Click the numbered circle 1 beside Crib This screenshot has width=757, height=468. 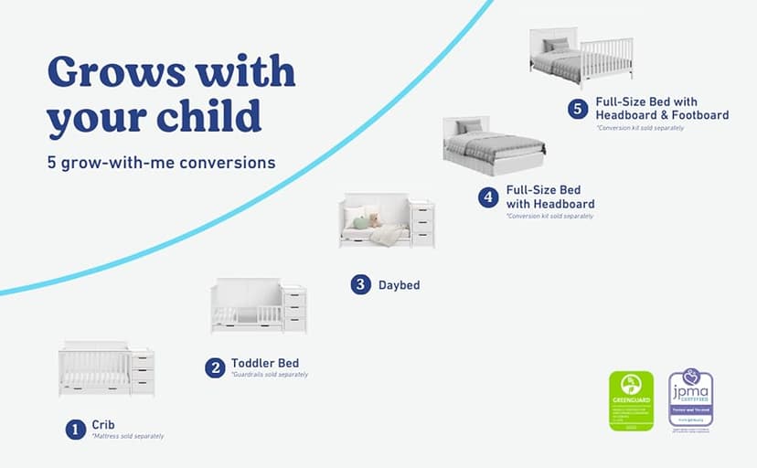tap(75, 429)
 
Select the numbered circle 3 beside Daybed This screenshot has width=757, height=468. tap(361, 284)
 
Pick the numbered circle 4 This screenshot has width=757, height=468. tap(489, 197)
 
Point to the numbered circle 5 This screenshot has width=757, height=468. tap(577, 109)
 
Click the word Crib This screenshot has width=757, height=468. tap(102, 425)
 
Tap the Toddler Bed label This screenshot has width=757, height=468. tap(265, 363)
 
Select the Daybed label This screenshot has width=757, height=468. tap(399, 285)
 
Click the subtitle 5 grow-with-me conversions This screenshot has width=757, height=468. tap(162, 164)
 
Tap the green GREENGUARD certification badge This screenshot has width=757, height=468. tap(632, 399)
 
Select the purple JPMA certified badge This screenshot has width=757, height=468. tap(690, 399)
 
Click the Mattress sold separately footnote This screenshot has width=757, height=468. tap(127, 437)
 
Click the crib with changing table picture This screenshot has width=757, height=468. tap(106, 369)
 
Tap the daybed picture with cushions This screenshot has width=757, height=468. tap(386, 221)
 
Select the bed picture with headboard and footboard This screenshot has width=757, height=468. tap(580, 57)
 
